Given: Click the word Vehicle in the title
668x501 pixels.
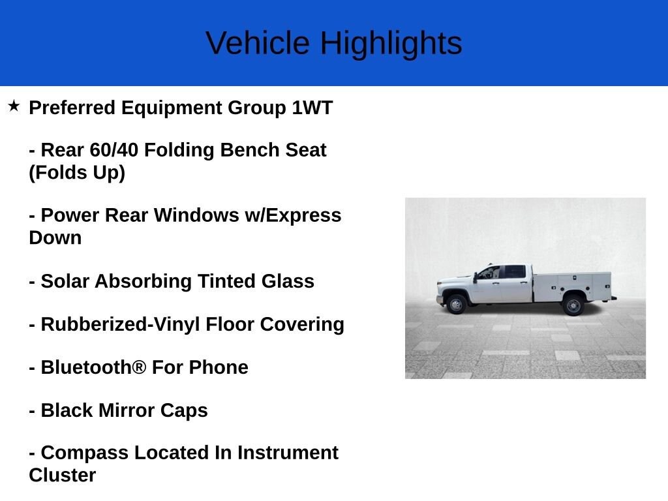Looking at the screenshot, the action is point(258,43).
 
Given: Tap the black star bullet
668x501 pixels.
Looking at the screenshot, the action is point(14,106).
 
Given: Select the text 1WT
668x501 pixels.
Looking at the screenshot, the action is point(312,108).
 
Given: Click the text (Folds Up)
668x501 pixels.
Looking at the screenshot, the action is point(77,172).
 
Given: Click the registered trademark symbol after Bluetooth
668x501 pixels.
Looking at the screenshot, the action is point(140,367).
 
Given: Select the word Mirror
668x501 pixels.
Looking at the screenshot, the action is point(127,410).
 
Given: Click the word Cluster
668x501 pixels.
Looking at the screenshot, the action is point(63,475).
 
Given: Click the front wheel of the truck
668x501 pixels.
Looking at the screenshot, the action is point(456,305).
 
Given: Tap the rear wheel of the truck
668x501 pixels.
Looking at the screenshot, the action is point(573,305).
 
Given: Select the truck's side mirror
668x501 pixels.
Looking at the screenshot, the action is point(475,277).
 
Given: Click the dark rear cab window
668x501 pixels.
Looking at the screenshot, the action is point(515,271).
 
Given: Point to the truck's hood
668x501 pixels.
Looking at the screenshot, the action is point(455,279).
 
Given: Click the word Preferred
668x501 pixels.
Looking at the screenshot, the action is point(72,108).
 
